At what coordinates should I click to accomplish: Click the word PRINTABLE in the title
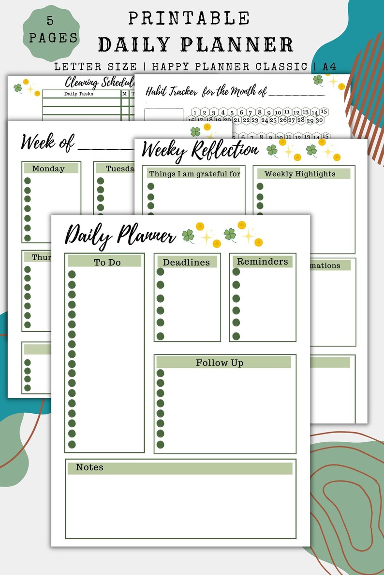(189, 18)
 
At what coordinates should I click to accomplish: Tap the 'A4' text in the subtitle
(329, 67)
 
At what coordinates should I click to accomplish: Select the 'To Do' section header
(107, 262)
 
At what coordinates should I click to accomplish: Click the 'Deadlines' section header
(186, 262)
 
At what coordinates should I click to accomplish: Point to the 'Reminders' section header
(262, 261)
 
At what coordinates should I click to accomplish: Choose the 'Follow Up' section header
(219, 363)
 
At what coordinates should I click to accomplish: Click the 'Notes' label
(89, 467)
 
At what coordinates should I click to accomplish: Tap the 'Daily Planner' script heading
(120, 236)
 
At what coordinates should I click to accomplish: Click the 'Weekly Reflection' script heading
(200, 151)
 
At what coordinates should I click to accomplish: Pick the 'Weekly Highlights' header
(300, 173)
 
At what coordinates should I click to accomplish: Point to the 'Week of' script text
(47, 142)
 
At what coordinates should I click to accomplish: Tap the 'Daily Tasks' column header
(79, 94)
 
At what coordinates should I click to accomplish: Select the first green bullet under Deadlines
(161, 272)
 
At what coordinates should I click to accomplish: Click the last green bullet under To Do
(72, 444)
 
